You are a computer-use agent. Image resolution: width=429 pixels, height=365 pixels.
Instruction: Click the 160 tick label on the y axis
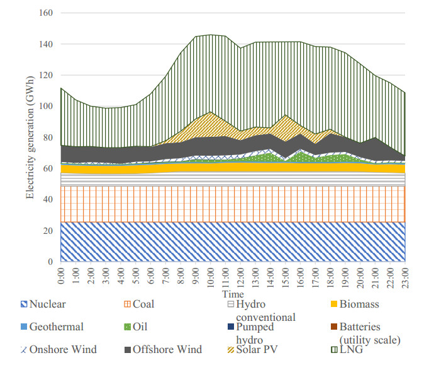pyautogui.click(x=47, y=13)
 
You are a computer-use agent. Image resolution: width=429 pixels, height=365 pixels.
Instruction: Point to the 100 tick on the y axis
pyautogui.click(x=47, y=107)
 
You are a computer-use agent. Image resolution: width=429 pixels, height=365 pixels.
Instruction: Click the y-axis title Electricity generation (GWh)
pyautogui.click(x=30, y=137)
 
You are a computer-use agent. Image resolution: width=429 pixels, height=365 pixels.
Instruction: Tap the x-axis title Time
pyautogui.click(x=233, y=294)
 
